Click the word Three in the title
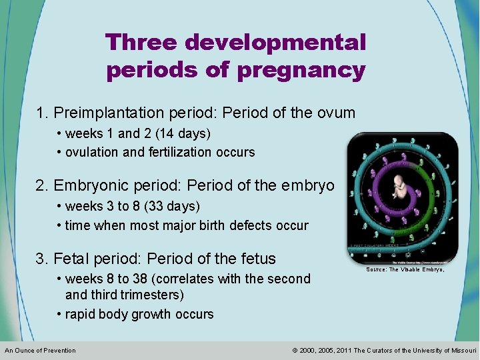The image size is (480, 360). point(141,43)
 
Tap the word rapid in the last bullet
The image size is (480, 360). point(81,314)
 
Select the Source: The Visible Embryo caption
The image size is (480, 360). point(405,270)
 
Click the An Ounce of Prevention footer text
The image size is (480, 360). point(40,351)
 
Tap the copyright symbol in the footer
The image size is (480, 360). point(295,351)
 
